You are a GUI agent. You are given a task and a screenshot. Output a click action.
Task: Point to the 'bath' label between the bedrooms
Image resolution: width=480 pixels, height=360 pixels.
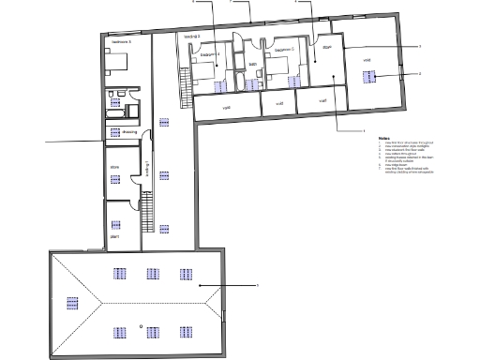pos(253,64)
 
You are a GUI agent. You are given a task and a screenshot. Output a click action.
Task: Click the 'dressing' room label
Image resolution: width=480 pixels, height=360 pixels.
pos(129,133)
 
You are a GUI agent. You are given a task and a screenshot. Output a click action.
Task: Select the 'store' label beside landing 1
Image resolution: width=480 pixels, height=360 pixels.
pos(115,168)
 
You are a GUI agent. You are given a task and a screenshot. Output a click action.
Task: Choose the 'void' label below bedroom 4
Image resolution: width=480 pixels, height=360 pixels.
pos(226,107)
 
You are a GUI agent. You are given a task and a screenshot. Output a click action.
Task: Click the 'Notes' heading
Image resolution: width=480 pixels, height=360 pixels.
pos(384,138)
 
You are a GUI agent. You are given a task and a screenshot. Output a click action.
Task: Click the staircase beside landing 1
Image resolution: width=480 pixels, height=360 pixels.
pos(147,214)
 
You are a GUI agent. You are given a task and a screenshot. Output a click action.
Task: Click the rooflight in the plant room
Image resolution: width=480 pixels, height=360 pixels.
pos(116,225)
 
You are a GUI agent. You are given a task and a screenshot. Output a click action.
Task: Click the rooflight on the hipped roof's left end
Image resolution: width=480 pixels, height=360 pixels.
pos(69,303)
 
